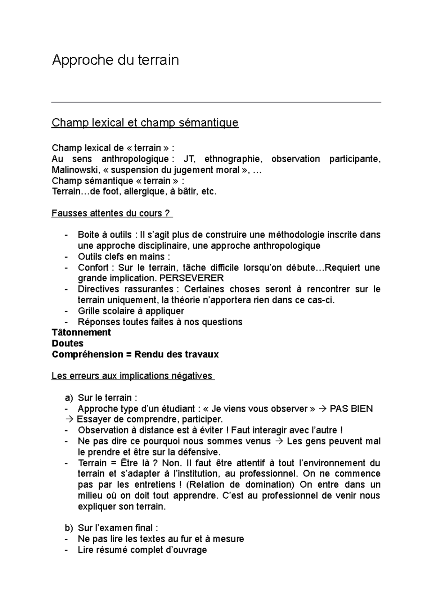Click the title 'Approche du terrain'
[115, 60]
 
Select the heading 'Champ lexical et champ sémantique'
[145, 123]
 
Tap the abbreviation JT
[189, 159]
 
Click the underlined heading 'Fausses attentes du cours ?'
[112, 213]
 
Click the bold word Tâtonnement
[81, 332]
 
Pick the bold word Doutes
[68, 343]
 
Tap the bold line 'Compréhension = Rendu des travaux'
[135, 354]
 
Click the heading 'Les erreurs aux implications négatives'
[132, 376]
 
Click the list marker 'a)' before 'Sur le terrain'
[69, 398]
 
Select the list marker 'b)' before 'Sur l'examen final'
[69, 528]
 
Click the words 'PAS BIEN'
[351, 409]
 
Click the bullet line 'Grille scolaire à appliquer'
[131, 311]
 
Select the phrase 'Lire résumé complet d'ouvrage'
[142, 550]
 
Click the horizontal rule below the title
[216, 103]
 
